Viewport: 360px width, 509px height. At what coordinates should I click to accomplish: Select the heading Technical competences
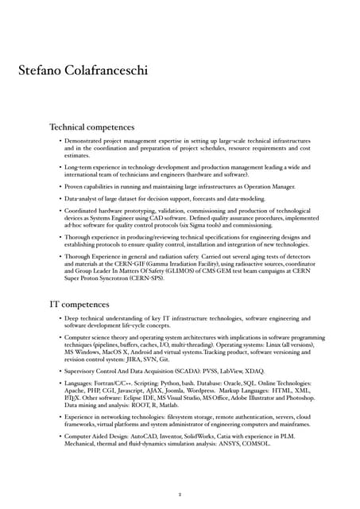pos(91,127)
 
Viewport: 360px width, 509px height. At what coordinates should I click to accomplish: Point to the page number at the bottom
pos(180,493)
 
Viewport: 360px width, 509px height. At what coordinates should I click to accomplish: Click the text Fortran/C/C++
pos(126,383)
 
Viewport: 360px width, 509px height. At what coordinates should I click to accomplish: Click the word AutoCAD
pos(163,437)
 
